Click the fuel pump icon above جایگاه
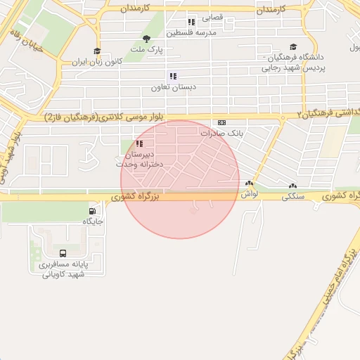[93, 211]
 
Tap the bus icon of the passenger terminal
[63, 253]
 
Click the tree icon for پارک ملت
[146, 39]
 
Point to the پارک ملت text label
[149, 51]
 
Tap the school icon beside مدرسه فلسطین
[191, 22]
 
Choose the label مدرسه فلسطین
[191, 32]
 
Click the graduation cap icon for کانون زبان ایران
[97, 51]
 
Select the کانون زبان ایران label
[96, 62]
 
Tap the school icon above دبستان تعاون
[172, 76]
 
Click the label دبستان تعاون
[172, 88]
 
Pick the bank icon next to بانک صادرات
[222, 122]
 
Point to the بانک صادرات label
[221, 133]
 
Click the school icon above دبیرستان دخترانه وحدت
[139, 143]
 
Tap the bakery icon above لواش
[248, 184]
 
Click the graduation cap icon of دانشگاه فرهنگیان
[293, 47]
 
